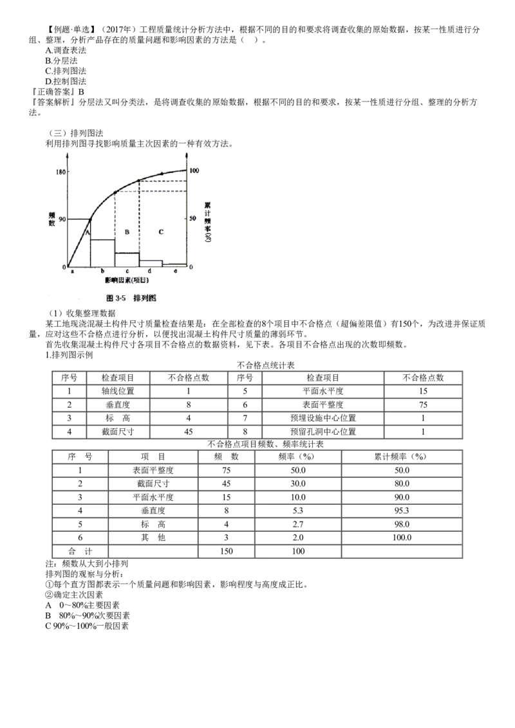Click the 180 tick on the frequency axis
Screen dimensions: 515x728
coord(61,172)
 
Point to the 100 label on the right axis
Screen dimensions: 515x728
coord(194,170)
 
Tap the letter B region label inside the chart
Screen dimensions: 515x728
coord(127,232)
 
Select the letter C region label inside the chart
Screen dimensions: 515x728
coord(161,232)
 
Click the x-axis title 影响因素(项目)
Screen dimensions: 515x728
coord(127,280)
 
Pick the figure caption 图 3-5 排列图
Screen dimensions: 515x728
coord(131,298)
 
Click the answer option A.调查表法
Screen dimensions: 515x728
coord(66,50)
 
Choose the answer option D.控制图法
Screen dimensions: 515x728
coord(66,81)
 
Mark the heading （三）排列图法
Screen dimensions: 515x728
coord(75,133)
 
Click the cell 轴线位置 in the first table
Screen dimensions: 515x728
coord(118,391)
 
